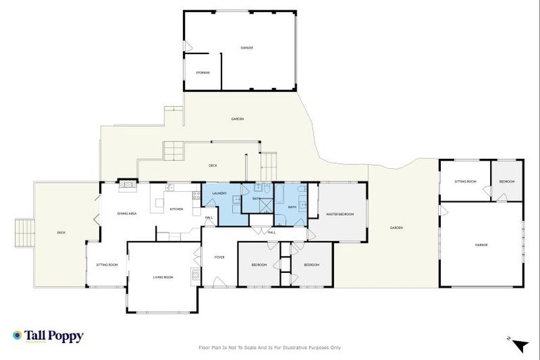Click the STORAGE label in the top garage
tap(202, 72)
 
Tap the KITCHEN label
tap(176, 209)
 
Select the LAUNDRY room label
tap(219, 193)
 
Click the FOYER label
tap(219, 258)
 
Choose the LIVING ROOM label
tap(163, 277)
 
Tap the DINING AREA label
tap(127, 213)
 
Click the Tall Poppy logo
tap(48, 336)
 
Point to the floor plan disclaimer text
tap(270, 347)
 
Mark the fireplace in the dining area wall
tap(127, 186)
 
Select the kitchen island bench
tap(160, 204)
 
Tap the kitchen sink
tap(169, 188)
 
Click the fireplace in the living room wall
tap(193, 275)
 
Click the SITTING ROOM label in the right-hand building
tap(465, 181)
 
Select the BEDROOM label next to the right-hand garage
tap(507, 181)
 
